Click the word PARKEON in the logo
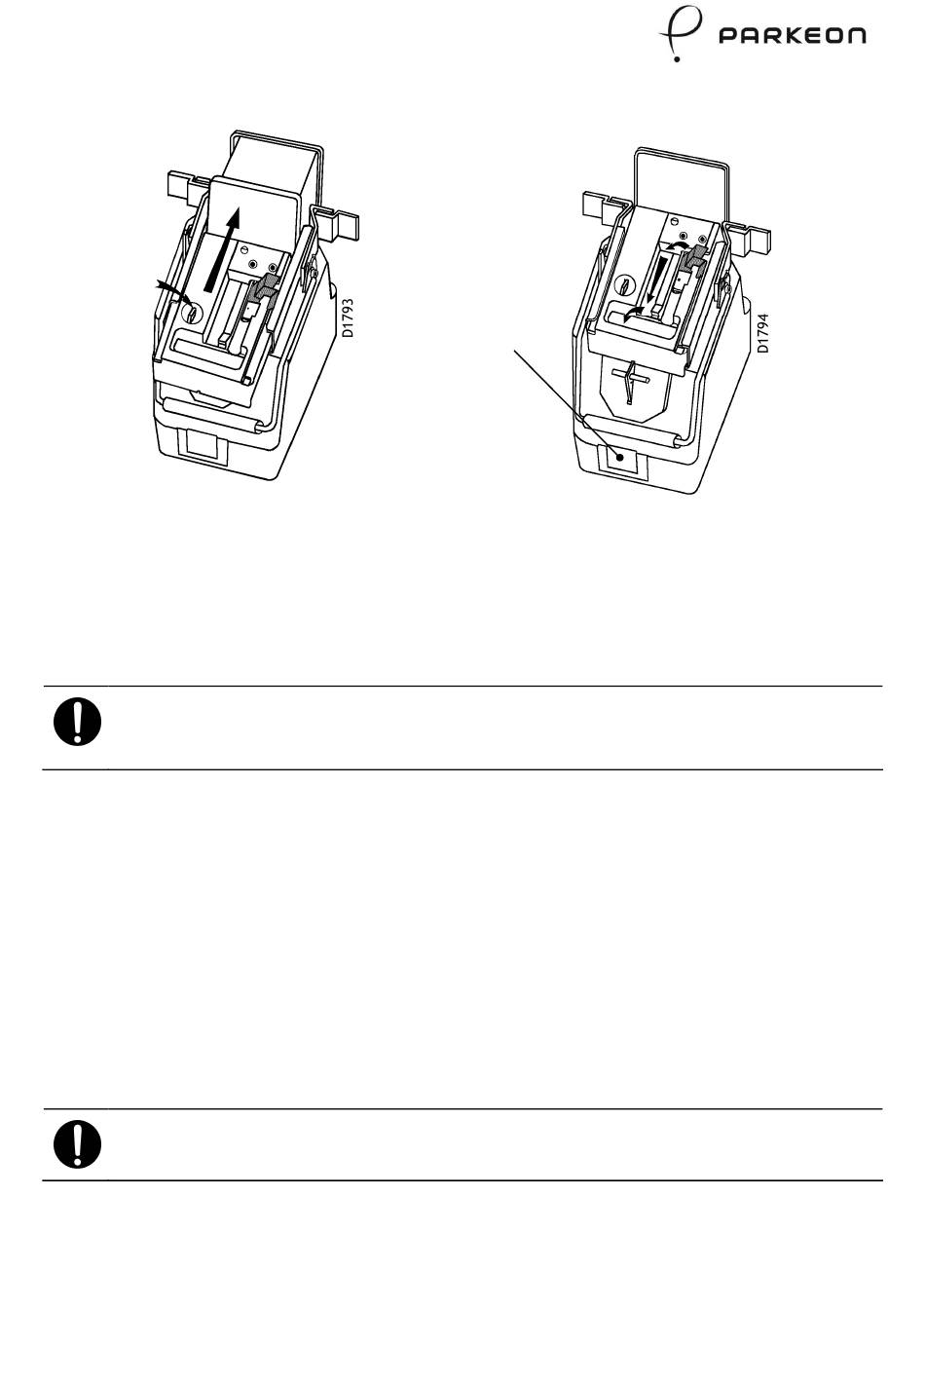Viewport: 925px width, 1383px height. tap(792, 36)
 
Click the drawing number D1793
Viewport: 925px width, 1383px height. tap(348, 318)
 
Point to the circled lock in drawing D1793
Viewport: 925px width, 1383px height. tap(192, 313)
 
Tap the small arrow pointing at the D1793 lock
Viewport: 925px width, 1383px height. tap(170, 287)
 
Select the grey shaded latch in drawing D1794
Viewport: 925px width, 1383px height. tap(697, 257)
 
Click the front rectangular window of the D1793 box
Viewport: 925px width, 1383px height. tap(203, 449)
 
